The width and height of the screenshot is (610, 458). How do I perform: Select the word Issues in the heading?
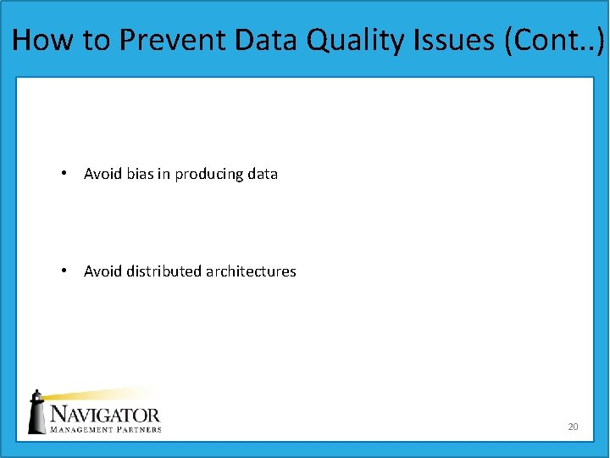455,39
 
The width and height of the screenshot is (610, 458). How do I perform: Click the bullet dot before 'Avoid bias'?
64,174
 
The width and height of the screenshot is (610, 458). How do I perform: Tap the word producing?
208,175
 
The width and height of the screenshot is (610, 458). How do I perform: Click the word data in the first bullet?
263,174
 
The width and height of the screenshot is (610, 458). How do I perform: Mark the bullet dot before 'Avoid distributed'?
64,271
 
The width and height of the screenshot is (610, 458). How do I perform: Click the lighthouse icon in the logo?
37,413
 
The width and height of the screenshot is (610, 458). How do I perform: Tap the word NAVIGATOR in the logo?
105,415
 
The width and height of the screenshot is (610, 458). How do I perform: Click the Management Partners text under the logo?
105,429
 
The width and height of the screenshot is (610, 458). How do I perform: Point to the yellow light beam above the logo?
102,394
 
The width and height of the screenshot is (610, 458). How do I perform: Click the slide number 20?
573,427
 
